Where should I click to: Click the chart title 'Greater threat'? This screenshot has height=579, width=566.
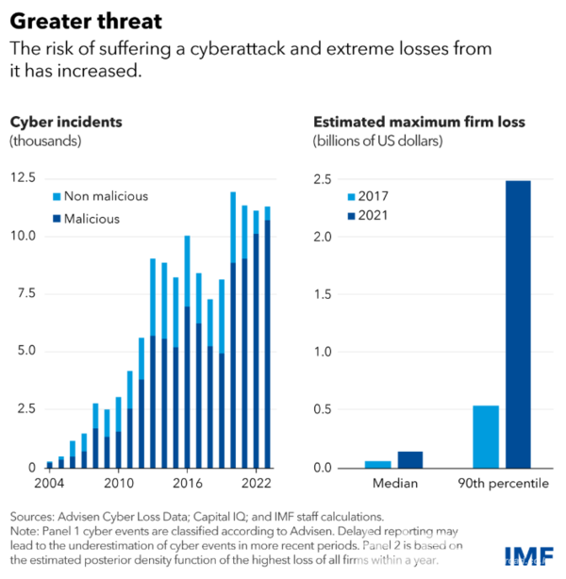[86, 21]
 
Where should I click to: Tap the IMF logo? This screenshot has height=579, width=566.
[529, 556]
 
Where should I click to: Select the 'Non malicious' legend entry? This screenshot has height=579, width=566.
[101, 196]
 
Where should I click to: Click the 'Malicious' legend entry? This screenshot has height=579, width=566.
[87, 219]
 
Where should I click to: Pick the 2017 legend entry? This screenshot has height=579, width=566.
[368, 196]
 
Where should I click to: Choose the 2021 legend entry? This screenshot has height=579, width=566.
[368, 215]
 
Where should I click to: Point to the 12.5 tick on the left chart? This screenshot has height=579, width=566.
[23, 177]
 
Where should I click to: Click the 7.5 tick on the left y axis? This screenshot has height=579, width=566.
[26, 293]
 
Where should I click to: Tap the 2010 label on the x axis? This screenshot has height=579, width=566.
[119, 483]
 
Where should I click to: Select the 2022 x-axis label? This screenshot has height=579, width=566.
[257, 483]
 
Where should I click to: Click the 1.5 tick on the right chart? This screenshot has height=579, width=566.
[323, 294]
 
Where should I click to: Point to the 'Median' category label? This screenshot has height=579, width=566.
[395, 483]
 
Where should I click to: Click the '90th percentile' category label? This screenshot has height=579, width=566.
[503, 484]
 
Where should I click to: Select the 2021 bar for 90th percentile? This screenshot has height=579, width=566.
[518, 324]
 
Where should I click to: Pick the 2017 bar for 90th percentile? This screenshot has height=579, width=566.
[486, 438]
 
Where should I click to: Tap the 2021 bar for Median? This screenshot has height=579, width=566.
[410, 460]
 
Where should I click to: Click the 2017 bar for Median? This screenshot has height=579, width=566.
[378, 465]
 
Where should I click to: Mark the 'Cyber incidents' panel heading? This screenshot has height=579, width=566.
[66, 122]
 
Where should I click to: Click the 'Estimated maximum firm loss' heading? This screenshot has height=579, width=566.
[420, 122]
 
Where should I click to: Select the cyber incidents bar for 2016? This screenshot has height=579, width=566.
[188, 352]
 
